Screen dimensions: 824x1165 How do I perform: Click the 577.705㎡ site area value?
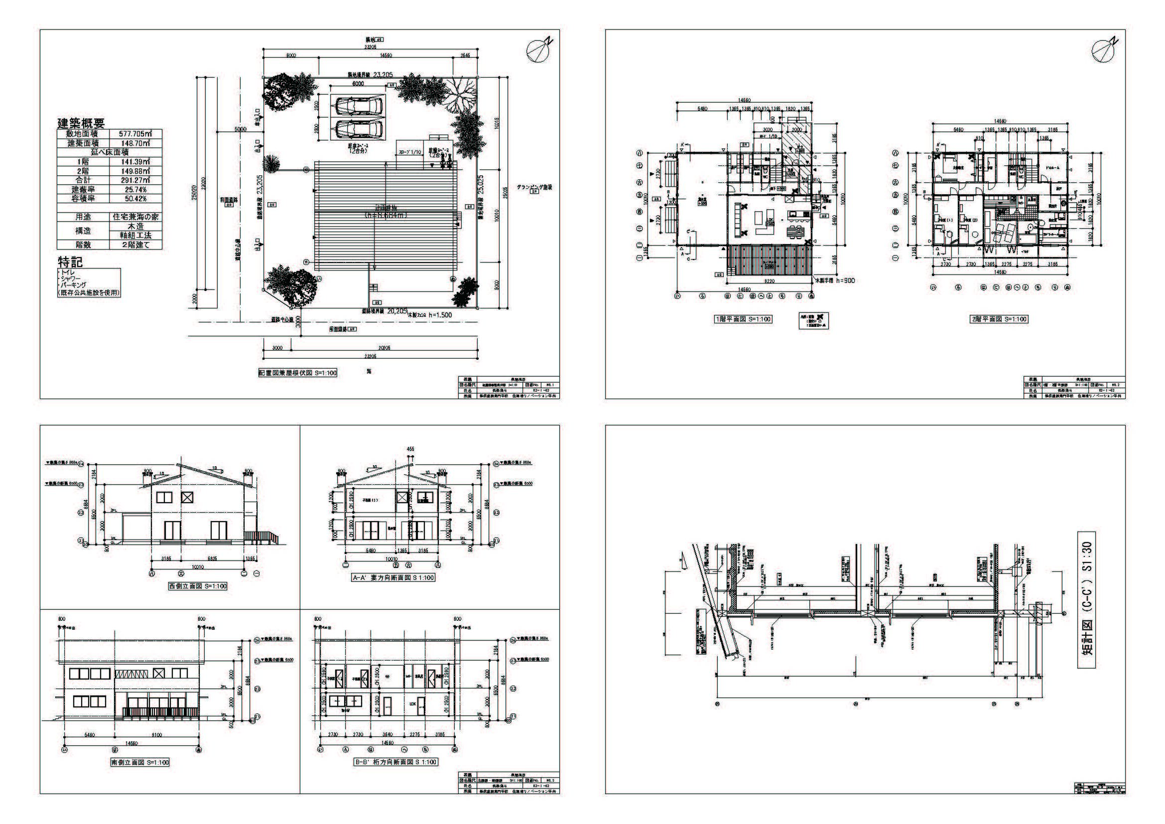pyautogui.click(x=135, y=134)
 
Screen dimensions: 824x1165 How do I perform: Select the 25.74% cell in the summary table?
pyautogui.click(x=135, y=189)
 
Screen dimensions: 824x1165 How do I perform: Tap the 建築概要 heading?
pyautogui.click(x=81, y=123)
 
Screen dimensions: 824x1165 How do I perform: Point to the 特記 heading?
pyautogui.click(x=70, y=263)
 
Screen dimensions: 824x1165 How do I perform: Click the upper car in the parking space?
pyautogui.click(x=358, y=106)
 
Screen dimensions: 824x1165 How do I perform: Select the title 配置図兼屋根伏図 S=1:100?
pyautogui.click(x=297, y=373)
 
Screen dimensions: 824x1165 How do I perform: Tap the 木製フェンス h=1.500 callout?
pyautogui.click(x=430, y=314)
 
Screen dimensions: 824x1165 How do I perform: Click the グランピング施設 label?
pyautogui.click(x=534, y=187)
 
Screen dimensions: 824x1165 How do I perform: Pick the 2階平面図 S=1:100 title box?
pyautogui.click(x=999, y=319)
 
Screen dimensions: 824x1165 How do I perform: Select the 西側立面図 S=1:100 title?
pyautogui.click(x=198, y=586)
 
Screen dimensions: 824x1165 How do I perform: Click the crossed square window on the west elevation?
pyautogui.click(x=187, y=497)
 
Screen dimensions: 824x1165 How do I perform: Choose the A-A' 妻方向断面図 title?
pyautogui.click(x=394, y=577)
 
